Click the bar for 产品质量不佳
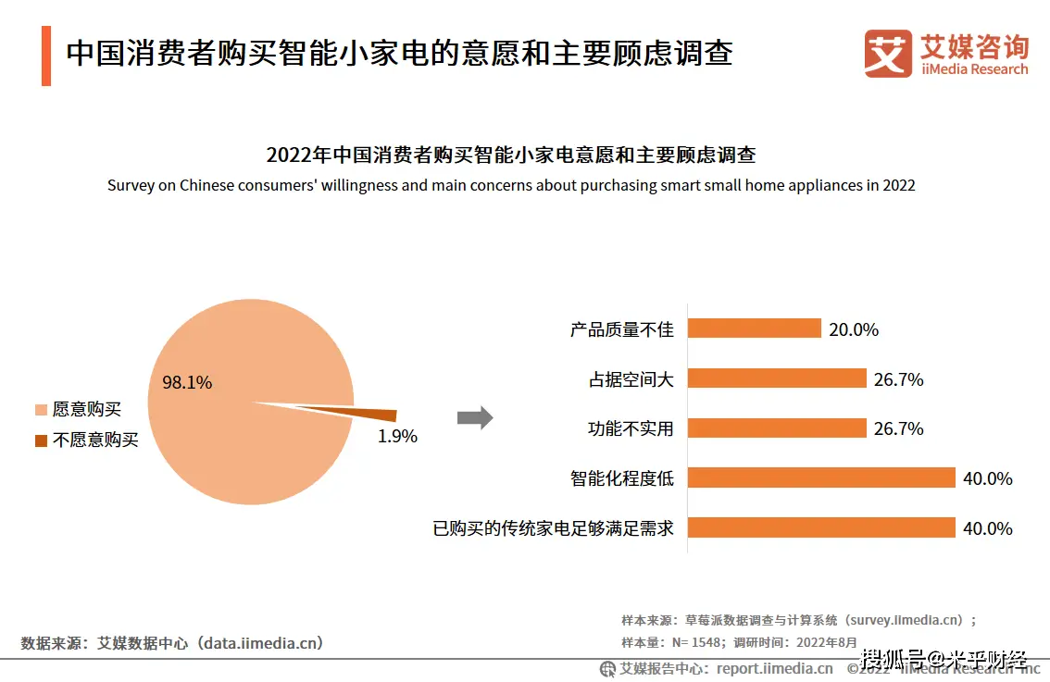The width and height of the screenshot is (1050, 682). coord(755,329)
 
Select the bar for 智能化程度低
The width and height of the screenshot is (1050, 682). coord(821,477)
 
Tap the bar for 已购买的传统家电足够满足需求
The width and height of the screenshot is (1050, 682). coord(821,527)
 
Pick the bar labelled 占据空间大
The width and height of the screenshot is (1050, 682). coord(777,378)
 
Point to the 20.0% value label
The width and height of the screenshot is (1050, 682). coord(854,329)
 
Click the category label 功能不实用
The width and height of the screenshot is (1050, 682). coord(631,428)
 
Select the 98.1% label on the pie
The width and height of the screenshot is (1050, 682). coord(187,382)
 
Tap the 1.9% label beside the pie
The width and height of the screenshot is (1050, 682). coord(397,437)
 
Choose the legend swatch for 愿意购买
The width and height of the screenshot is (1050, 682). coord(41,409)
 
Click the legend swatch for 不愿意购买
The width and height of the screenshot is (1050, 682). coord(41,440)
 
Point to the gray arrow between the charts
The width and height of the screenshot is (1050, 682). coord(475,418)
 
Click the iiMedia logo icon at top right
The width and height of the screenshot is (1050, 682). coord(888,54)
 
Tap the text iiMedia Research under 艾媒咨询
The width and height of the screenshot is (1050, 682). coord(974,69)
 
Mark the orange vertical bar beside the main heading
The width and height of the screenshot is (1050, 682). coord(46,56)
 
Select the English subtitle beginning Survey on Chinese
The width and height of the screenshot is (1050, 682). coord(511,185)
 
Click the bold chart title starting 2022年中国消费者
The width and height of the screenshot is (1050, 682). coord(511,155)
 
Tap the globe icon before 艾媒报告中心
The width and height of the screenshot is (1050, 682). coord(608,668)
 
